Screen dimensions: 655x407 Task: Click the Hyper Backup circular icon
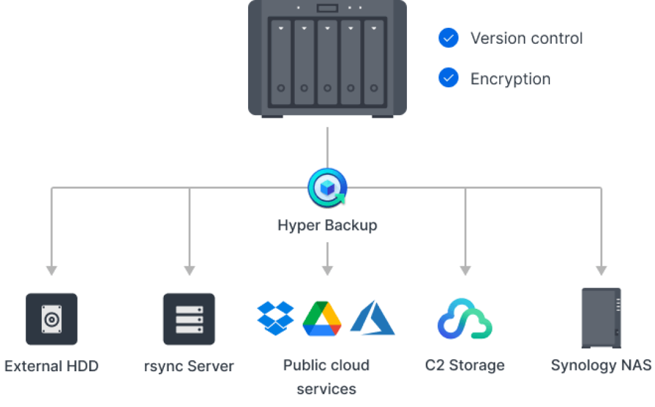pyautogui.click(x=327, y=187)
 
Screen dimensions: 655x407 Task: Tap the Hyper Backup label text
pyautogui.click(x=327, y=225)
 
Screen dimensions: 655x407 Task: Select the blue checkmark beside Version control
pyautogui.click(x=449, y=38)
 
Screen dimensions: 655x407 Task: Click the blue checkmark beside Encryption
pyautogui.click(x=449, y=78)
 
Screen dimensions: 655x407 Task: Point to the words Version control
pyautogui.click(x=526, y=38)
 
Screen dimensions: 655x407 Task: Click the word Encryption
pyautogui.click(x=511, y=79)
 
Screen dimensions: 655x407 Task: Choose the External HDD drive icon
pyautogui.click(x=52, y=319)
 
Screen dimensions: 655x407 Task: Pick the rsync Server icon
pyautogui.click(x=189, y=319)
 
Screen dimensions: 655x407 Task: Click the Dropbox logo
pyautogui.click(x=276, y=318)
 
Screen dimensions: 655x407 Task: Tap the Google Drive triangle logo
pyautogui.click(x=322, y=318)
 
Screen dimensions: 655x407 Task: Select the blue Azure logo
pyautogui.click(x=372, y=318)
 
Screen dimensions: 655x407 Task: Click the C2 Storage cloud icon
pyautogui.click(x=465, y=319)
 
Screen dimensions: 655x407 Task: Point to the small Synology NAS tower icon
pyautogui.click(x=602, y=318)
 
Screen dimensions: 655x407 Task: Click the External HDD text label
pyautogui.click(x=52, y=366)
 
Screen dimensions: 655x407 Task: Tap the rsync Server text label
pyautogui.click(x=189, y=366)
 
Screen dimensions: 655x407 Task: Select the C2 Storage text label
pyautogui.click(x=465, y=366)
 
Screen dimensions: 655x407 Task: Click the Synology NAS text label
pyautogui.click(x=602, y=366)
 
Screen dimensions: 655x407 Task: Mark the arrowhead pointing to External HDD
pyautogui.click(x=52, y=271)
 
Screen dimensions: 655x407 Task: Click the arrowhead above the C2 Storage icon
pyautogui.click(x=465, y=271)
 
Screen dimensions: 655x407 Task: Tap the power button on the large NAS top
pyautogui.click(x=327, y=8)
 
